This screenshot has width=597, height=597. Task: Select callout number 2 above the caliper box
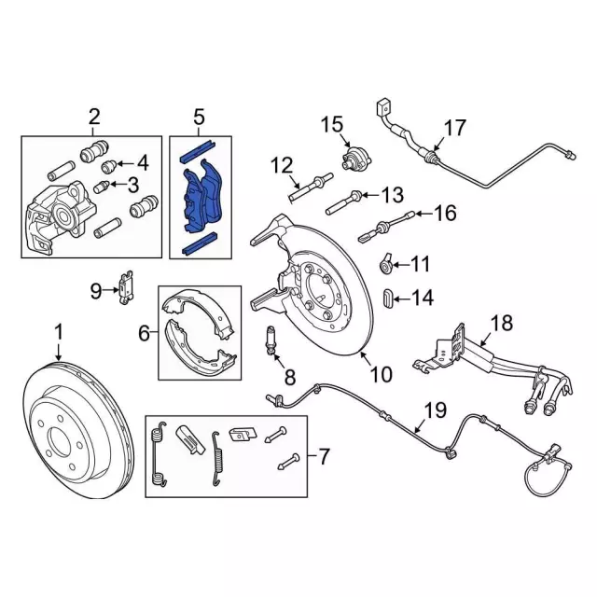pyautogui.click(x=94, y=117)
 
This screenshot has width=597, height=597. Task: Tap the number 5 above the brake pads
pyautogui.click(x=198, y=117)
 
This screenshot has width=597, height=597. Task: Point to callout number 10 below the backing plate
pyautogui.click(x=382, y=375)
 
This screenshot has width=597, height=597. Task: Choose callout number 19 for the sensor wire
pyautogui.click(x=435, y=410)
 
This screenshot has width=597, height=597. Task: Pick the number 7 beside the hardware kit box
pyautogui.click(x=323, y=457)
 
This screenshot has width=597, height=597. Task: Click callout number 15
pyautogui.click(x=332, y=125)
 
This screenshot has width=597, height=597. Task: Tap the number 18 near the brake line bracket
pyautogui.click(x=502, y=324)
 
